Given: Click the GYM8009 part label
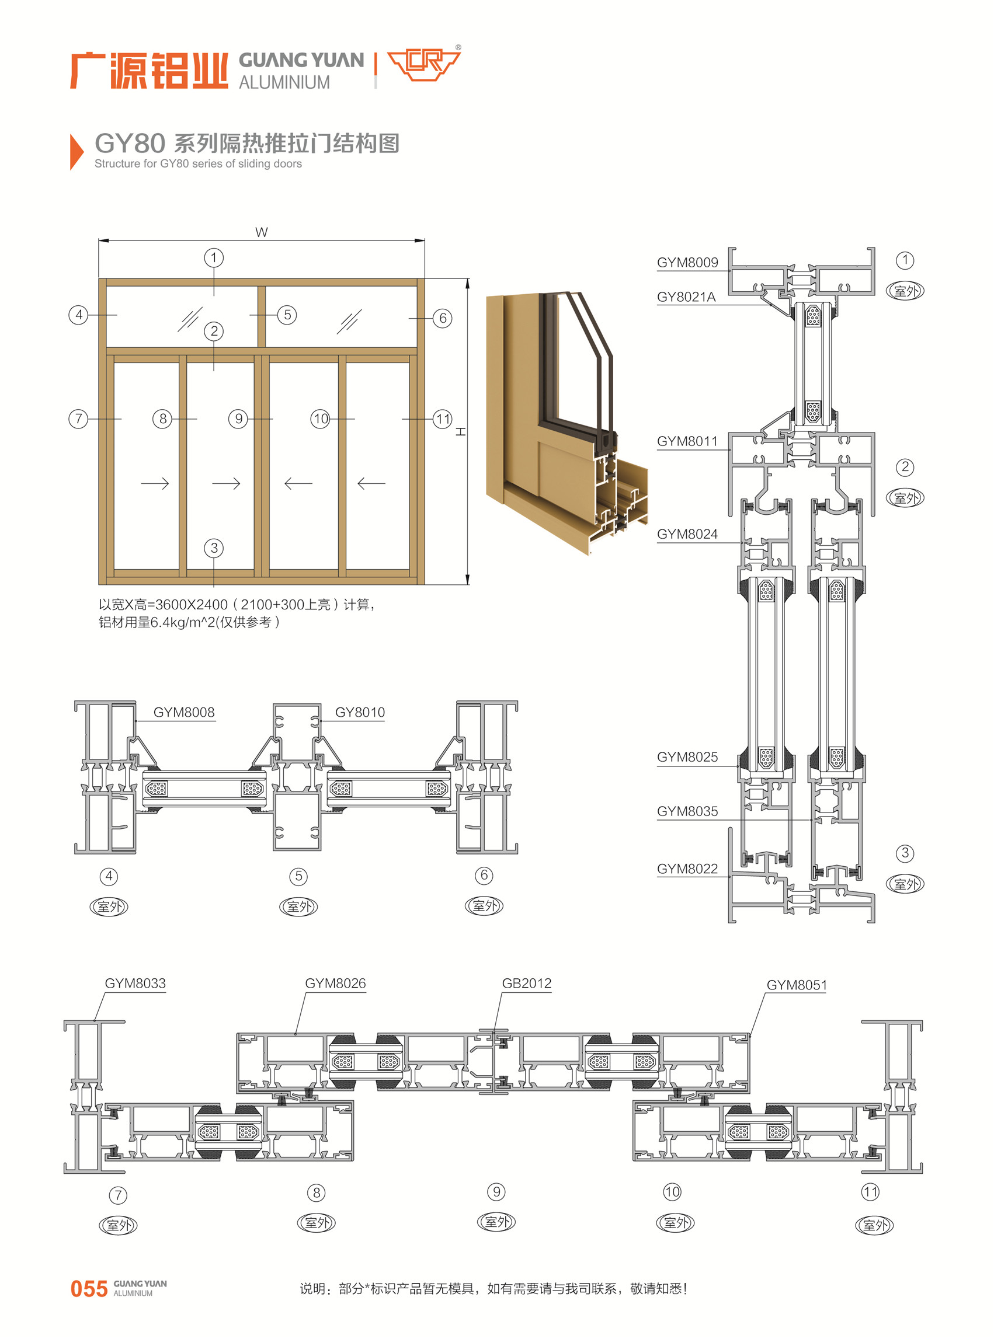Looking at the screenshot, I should tap(687, 262).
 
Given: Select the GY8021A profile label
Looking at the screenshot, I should tap(686, 297).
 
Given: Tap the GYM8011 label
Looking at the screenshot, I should tap(687, 441).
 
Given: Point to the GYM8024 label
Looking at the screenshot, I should tap(687, 534).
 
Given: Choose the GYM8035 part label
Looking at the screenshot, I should tap(687, 811).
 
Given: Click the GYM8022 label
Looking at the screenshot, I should tap(687, 868).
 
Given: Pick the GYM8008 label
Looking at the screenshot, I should tap(183, 712).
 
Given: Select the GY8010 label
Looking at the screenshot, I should tap(360, 712).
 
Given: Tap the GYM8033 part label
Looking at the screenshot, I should tap(135, 983).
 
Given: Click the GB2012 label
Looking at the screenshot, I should tap(526, 983).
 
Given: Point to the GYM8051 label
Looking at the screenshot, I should tap(796, 985).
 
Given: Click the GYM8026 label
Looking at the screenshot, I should tap(335, 983).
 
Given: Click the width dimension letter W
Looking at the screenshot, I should tap(261, 232).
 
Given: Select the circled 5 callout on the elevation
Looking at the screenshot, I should tap(287, 315).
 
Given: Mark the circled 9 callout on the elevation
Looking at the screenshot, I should tap(238, 419).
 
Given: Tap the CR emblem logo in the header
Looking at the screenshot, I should tap(423, 64).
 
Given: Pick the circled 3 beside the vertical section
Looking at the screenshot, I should tap(904, 853).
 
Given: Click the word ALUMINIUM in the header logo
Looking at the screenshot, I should tap(284, 82).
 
